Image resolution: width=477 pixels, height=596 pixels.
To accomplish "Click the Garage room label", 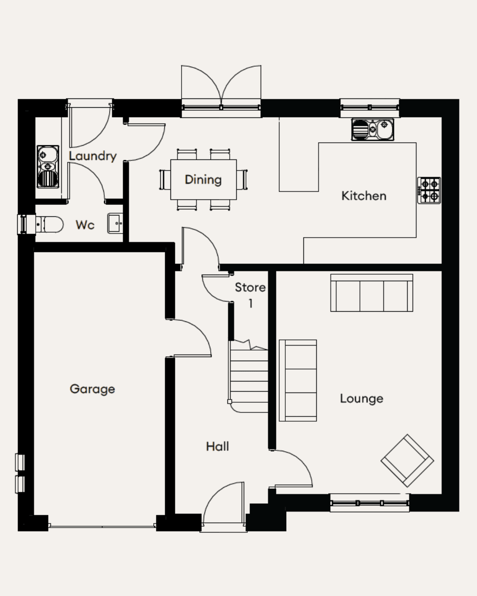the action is (92, 389).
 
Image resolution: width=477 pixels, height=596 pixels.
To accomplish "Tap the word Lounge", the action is (361, 399).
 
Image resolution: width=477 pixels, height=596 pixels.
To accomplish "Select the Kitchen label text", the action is (363, 196).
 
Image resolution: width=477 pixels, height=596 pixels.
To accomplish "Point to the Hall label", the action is (218, 446).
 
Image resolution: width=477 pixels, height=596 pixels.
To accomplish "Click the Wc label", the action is (85, 225).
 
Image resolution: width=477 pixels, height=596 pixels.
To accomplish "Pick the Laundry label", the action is (93, 156).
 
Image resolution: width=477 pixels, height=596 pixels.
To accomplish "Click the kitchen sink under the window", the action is (372, 129).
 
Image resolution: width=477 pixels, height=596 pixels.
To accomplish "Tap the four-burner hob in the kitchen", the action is (429, 190).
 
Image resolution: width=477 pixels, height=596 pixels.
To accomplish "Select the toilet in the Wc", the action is (49, 225).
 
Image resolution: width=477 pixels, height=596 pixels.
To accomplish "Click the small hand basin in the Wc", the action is (115, 223).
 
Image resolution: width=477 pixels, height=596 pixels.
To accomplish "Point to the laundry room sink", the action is (48, 166).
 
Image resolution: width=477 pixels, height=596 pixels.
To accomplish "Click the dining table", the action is (204, 180).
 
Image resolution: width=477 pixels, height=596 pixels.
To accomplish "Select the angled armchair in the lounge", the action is (407, 460).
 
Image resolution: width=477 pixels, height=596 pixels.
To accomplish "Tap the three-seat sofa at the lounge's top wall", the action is (372, 293).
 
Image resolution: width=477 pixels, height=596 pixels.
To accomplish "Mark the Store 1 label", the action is (250, 295).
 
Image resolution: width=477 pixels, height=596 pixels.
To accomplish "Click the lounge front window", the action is (370, 503).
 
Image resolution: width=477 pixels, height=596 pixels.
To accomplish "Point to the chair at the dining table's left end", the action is (165, 180).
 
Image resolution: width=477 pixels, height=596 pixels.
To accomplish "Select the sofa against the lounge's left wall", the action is (298, 381).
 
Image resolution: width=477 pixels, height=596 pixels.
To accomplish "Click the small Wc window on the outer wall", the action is (26, 224).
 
